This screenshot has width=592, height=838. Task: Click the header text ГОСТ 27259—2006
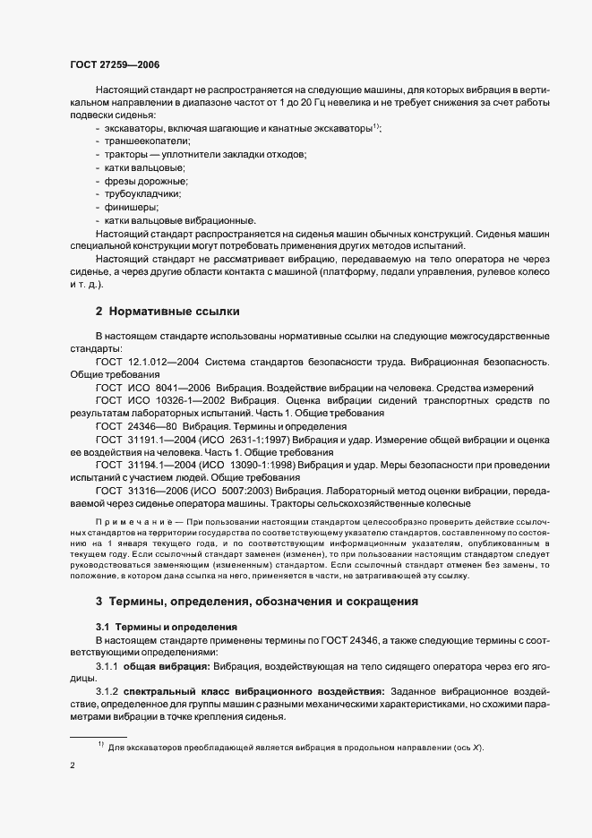(x=116, y=64)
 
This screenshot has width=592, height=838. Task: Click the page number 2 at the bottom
(x=73, y=766)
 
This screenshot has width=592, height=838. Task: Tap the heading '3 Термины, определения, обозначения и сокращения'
(x=256, y=601)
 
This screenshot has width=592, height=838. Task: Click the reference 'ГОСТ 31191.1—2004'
(x=145, y=440)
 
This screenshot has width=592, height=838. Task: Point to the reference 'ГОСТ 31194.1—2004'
(x=145, y=466)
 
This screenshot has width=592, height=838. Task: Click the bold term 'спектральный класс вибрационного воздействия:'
(x=253, y=692)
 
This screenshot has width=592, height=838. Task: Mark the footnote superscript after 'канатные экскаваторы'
(x=377, y=126)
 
